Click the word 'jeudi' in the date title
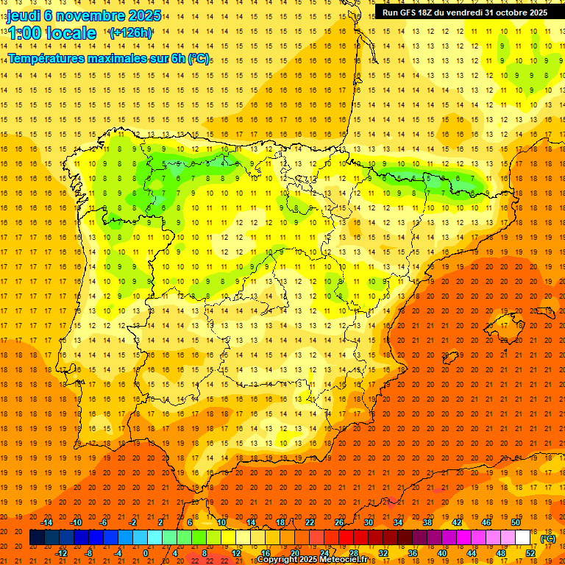click(x=25, y=15)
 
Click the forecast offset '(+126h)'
click(x=130, y=33)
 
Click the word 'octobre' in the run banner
click(x=502, y=13)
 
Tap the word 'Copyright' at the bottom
click(x=277, y=560)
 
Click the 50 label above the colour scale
click(x=516, y=522)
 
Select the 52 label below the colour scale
click(x=530, y=553)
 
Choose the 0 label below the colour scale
click(x=146, y=553)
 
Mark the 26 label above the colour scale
click(x=339, y=522)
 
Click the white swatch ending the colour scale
click(x=523, y=538)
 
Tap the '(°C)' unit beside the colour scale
click(x=548, y=539)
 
